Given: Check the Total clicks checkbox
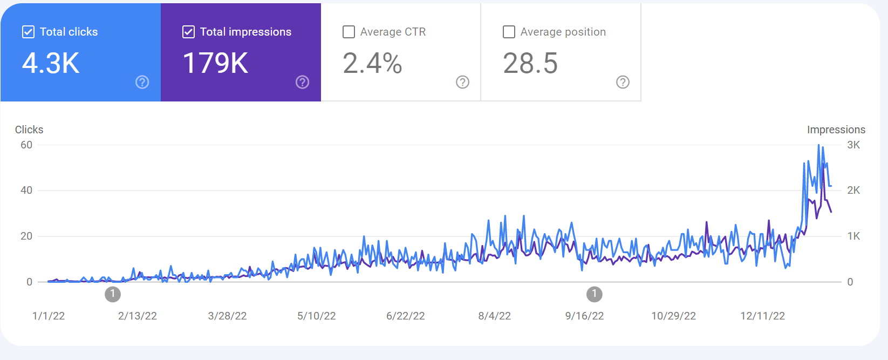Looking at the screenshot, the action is coord(28,32).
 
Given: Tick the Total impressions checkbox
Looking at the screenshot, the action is coord(188,32).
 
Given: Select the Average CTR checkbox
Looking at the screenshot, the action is coord(349,32).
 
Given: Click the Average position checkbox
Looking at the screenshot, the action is coord(509,32).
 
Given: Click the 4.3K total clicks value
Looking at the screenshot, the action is coord(51,63).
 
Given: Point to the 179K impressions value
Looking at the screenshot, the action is coord(216,63).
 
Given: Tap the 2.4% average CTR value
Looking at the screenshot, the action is coord(373,63).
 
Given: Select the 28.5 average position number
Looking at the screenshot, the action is coord(530,63).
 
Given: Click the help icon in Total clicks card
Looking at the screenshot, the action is coord(142,82).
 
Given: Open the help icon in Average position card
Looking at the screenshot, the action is coord(623,82).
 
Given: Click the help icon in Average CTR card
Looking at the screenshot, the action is coord(463,82).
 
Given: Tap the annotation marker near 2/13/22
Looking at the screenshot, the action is coord(113,294).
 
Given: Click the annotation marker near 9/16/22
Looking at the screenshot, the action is coord(594,294).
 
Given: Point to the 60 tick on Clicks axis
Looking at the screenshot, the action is coord(26,145).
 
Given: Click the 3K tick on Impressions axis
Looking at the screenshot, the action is coord(853,145).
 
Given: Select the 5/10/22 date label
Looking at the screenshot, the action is coord(316,316).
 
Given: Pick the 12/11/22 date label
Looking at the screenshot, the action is coord(763,316).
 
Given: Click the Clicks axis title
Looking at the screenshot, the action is coord(29,130).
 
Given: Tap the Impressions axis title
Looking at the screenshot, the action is coord(836,130).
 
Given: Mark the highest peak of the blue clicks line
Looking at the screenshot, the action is coord(818,145).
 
